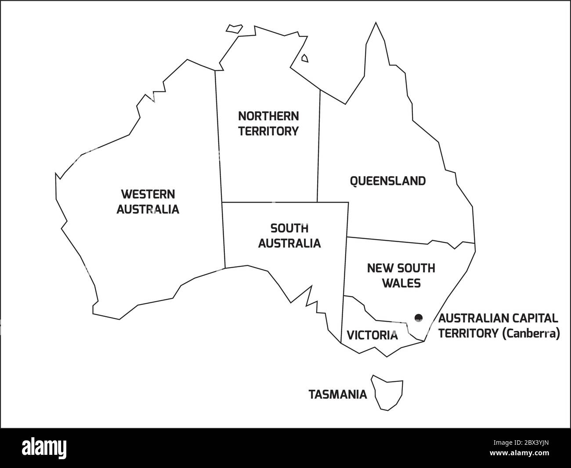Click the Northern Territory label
point(268,123)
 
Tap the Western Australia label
point(148,201)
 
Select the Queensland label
point(387,181)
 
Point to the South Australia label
point(289,236)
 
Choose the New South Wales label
point(401,275)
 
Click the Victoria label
point(372,335)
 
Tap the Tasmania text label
point(338,394)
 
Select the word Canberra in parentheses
point(531,334)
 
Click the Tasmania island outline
point(388,392)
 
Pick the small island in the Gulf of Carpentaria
point(304,58)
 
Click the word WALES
point(401,283)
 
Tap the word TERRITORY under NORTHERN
point(268,131)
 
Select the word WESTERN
point(148,194)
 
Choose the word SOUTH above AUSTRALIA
point(289,228)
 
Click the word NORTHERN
point(268,116)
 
